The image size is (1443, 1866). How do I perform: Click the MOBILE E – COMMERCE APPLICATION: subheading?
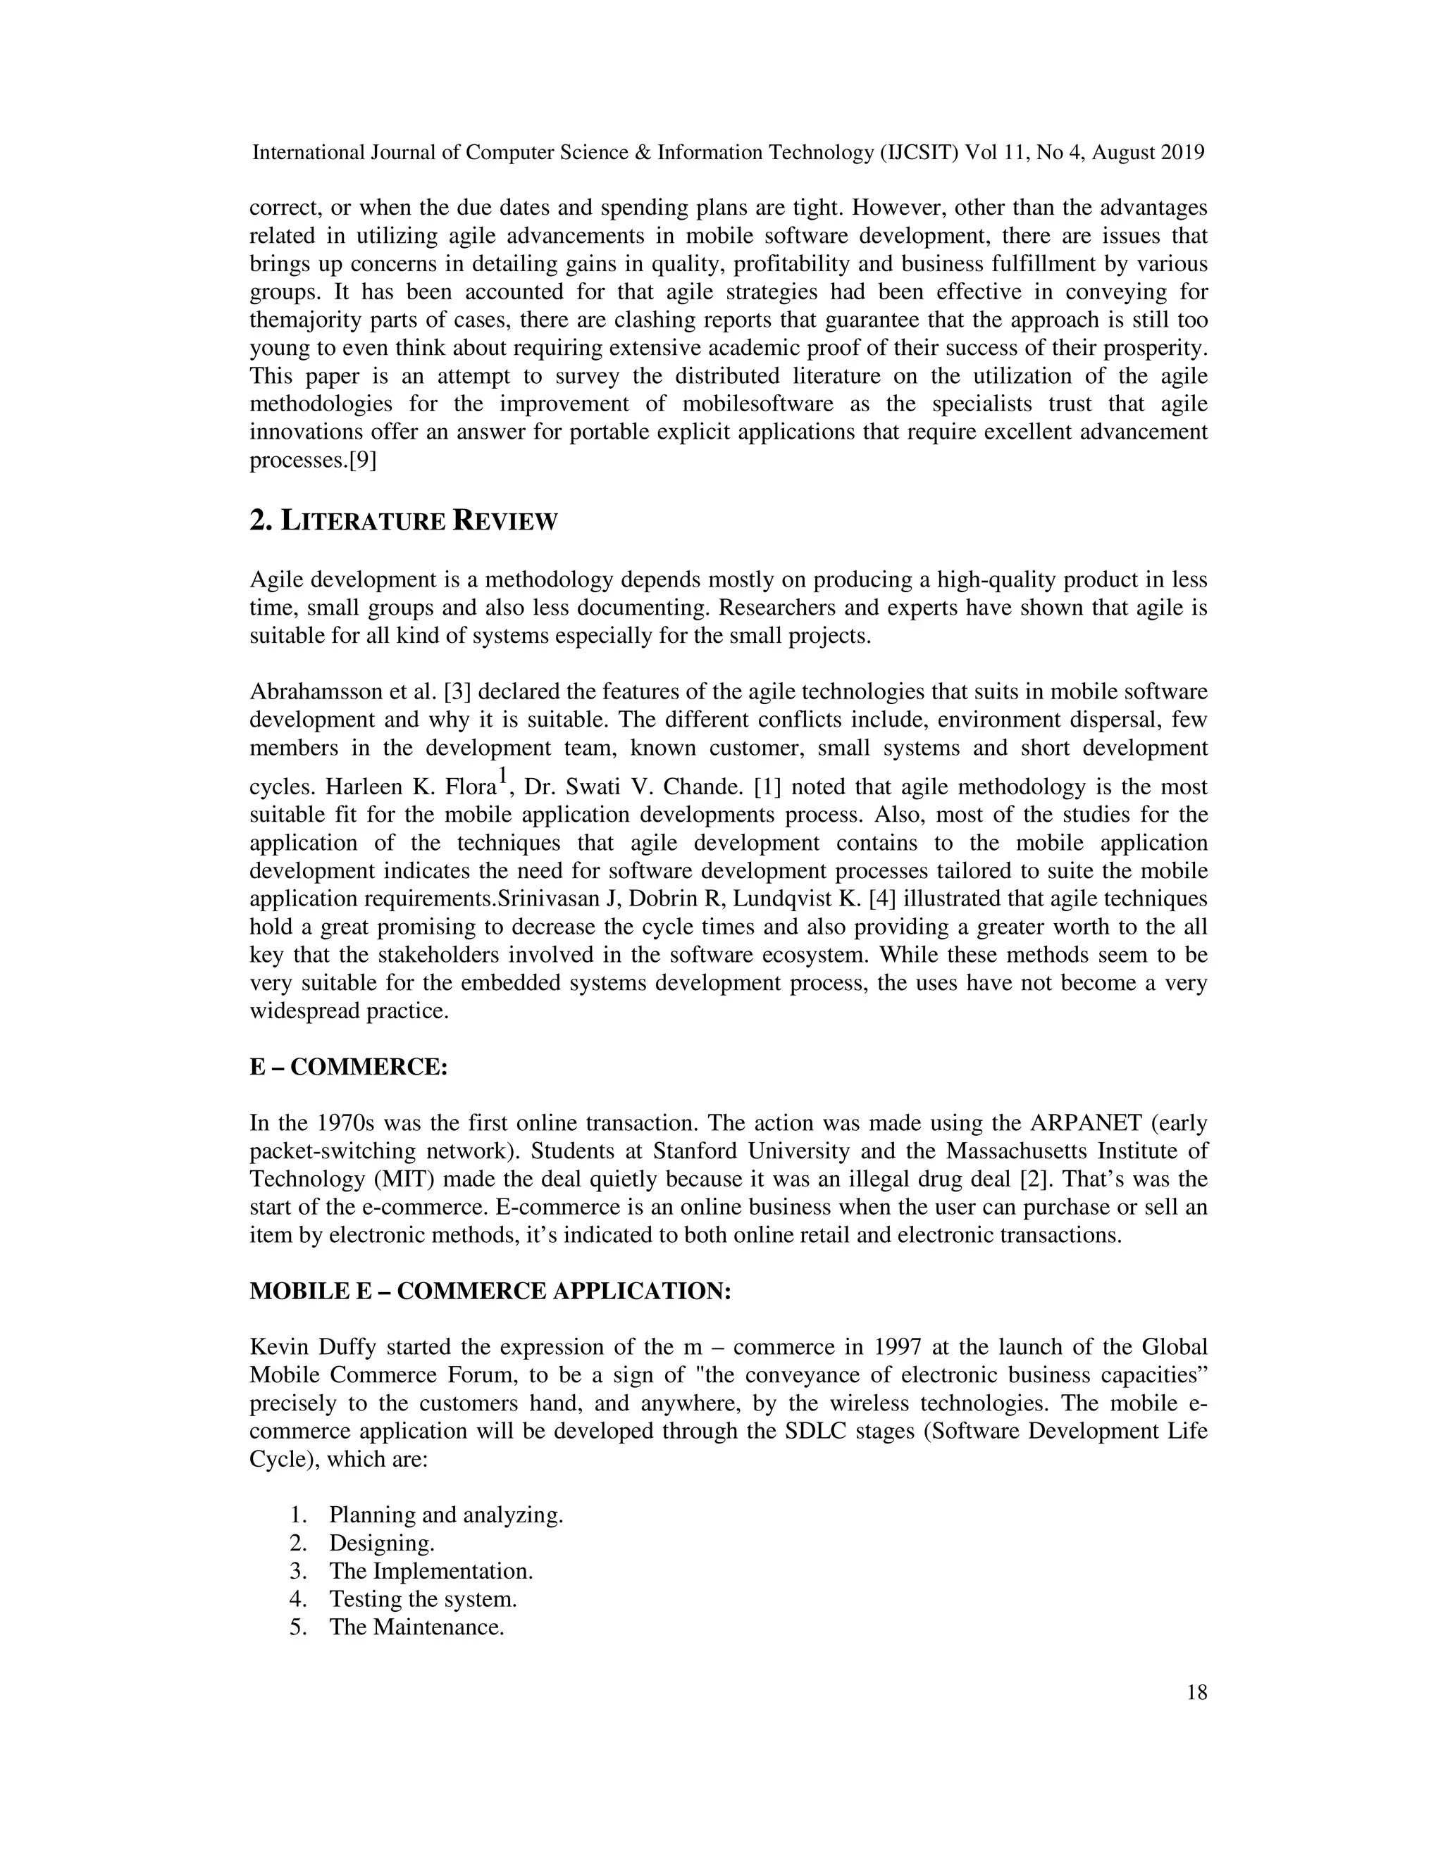[x=490, y=1291]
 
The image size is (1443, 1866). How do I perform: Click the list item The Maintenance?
[x=416, y=1627]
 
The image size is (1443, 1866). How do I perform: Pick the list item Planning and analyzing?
[x=445, y=1515]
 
